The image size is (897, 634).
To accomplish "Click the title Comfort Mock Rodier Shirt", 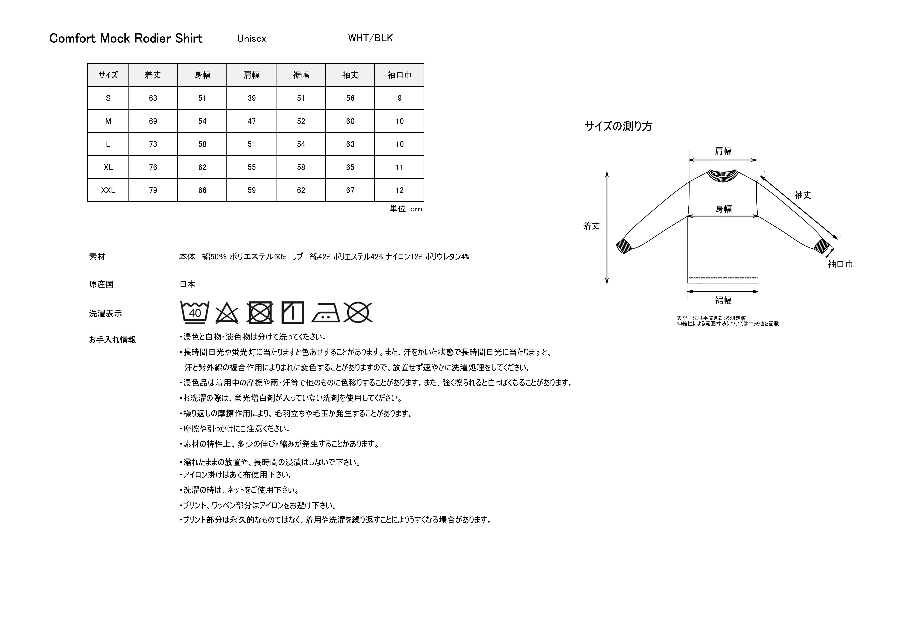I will click(x=126, y=38).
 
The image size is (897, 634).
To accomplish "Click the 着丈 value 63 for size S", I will click(x=153, y=98).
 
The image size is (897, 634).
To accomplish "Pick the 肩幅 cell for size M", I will click(x=252, y=121).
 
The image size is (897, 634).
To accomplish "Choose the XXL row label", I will click(x=108, y=190).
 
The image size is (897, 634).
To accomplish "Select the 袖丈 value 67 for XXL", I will click(x=350, y=190).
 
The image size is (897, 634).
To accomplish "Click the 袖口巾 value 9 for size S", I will click(x=399, y=98).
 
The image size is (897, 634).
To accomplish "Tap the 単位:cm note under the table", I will click(x=406, y=209).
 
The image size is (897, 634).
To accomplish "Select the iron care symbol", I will click(x=326, y=313).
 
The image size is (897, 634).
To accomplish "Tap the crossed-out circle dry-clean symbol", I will click(x=358, y=313).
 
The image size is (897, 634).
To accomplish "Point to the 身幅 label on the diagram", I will click(x=723, y=209).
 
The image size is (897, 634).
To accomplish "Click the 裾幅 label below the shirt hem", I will click(x=723, y=300).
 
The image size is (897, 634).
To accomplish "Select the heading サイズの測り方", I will click(x=618, y=126).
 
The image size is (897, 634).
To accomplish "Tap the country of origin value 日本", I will click(x=187, y=284).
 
